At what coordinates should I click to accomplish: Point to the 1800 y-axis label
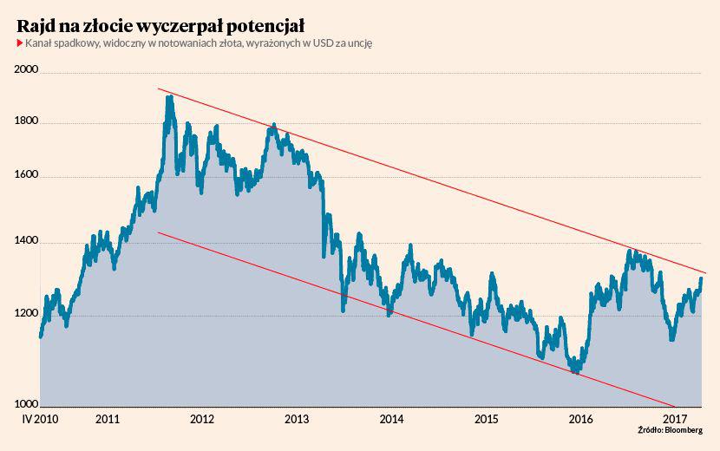coord(29,122)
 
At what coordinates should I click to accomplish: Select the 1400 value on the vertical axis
coord(29,242)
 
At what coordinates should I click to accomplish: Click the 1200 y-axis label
coord(29,315)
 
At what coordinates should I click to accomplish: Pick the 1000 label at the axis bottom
coord(29,404)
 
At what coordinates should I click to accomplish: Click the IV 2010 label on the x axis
coord(39,419)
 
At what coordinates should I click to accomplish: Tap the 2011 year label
coord(108,419)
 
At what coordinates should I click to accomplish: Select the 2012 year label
coord(202,419)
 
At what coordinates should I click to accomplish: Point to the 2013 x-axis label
coord(297,419)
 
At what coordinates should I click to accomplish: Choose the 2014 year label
coord(391,419)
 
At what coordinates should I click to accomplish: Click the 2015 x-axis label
coord(486,419)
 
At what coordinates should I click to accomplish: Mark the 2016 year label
coord(580,419)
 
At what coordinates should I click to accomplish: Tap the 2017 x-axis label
coord(675,419)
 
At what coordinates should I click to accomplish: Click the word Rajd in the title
coord(37,23)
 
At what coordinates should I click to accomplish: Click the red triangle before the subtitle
coord(19,43)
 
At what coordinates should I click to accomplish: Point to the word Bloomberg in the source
coord(685,431)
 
